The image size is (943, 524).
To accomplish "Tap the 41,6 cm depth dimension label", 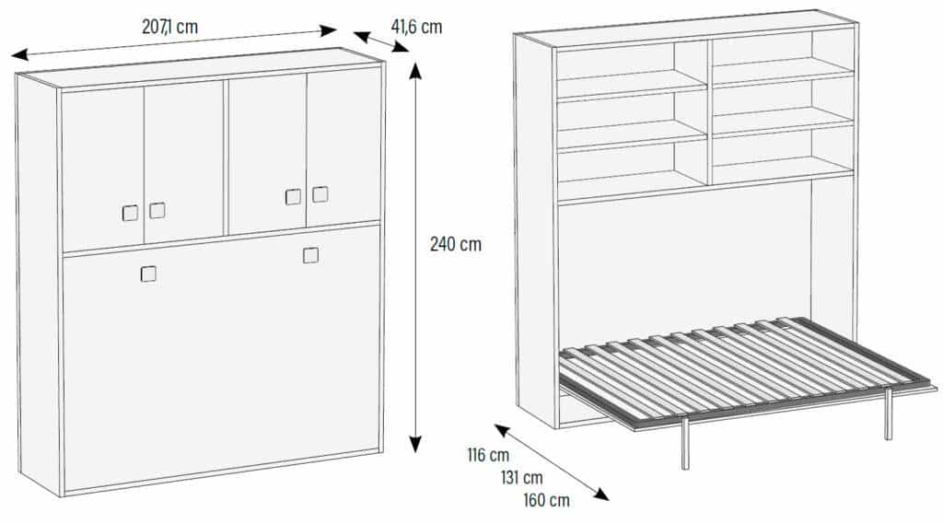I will [416, 27].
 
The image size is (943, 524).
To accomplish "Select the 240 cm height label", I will [455, 244].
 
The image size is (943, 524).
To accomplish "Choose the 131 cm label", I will [521, 477].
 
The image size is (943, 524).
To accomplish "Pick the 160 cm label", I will [547, 500].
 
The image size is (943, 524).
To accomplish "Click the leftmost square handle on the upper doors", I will [130, 213].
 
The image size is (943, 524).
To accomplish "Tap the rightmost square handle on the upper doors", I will [320, 194].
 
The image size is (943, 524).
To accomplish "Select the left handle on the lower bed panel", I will [148, 274].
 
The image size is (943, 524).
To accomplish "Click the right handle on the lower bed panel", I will [310, 255].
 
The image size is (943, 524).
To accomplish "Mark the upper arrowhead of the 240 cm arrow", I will [414, 70].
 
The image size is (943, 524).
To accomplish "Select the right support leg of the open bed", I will [888, 414].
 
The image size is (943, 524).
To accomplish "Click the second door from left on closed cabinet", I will [183, 161].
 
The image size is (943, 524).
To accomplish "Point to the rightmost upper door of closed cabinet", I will [343, 147].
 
